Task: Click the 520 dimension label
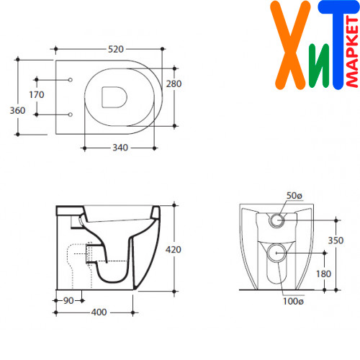coord(116,49)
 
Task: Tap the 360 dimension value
coord(17,111)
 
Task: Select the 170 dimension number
coord(37,95)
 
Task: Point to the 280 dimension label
coord(174,84)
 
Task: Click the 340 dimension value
coord(120,148)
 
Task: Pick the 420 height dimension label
coord(174,250)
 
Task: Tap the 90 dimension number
coord(68,301)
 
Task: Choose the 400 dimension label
coord(99,312)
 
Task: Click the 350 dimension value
coord(336,240)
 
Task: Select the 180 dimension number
coord(323,274)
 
